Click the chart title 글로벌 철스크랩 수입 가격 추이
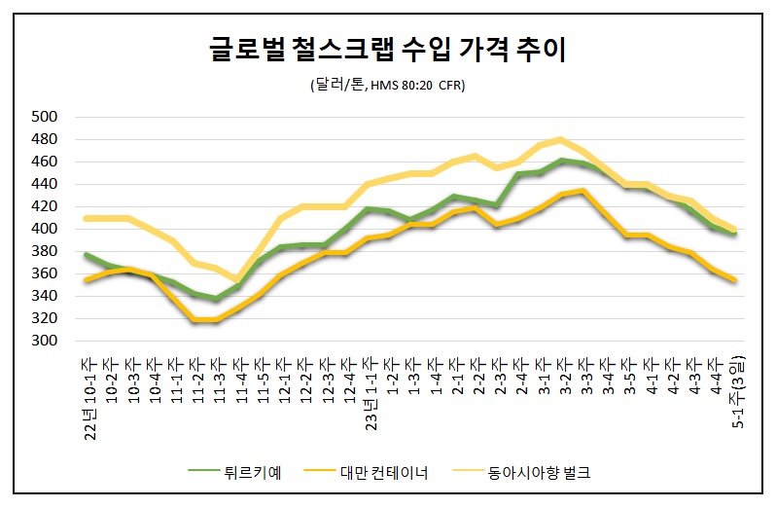coord(389,49)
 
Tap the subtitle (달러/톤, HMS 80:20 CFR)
coord(388,86)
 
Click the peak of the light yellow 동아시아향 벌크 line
coord(561,139)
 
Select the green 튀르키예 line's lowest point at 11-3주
coord(216,298)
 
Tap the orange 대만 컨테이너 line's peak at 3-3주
coord(582,191)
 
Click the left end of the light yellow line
coord(87,218)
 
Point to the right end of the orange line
coord(735,279)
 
